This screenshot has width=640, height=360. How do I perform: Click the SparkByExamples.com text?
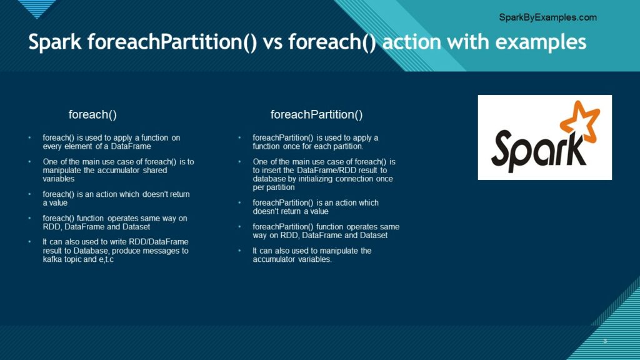(x=547, y=17)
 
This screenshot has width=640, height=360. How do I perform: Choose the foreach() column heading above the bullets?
(x=92, y=115)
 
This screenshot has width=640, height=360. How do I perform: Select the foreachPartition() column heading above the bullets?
(x=316, y=115)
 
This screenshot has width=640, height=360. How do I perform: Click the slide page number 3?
(x=605, y=341)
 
